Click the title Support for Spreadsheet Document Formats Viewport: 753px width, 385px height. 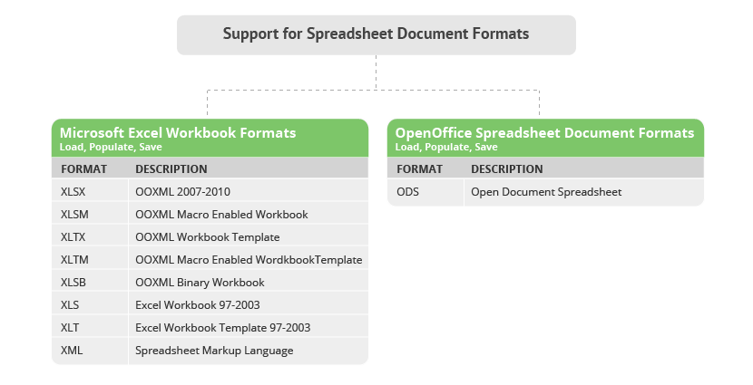[x=376, y=34]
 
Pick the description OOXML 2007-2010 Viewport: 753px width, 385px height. [x=182, y=192]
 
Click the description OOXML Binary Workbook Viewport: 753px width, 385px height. [x=200, y=283]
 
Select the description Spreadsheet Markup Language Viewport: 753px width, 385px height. [x=214, y=351]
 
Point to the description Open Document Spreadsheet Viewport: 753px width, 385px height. [x=546, y=192]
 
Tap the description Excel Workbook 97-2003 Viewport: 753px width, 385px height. [x=198, y=305]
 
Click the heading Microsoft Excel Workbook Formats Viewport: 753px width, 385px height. [x=178, y=133]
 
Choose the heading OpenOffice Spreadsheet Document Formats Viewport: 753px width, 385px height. [x=544, y=133]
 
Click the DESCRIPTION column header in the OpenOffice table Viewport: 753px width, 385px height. [x=506, y=169]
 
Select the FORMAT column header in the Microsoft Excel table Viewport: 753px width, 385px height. [x=83, y=169]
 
